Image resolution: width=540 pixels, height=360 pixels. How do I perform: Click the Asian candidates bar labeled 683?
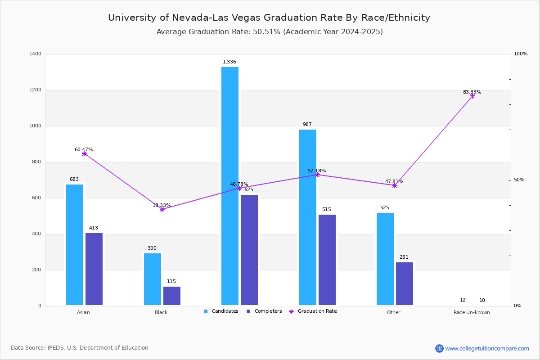(75, 245)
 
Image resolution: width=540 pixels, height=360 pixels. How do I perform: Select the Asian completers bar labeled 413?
(94, 269)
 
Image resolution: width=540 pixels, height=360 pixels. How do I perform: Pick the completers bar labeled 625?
(249, 250)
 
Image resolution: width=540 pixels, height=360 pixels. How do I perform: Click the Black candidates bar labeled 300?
(153, 279)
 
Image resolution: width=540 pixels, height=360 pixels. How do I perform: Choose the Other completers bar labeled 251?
(405, 283)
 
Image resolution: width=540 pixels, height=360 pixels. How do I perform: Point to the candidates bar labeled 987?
(308, 217)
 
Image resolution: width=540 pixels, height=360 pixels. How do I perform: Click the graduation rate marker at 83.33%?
(472, 96)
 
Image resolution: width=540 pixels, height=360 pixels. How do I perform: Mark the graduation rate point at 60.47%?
(84, 153)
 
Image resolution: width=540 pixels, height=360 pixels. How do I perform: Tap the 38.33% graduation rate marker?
(162, 209)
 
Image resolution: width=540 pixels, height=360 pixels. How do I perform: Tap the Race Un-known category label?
(472, 312)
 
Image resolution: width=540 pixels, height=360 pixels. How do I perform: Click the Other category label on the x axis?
(393, 312)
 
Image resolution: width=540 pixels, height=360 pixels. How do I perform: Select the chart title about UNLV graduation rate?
(269, 18)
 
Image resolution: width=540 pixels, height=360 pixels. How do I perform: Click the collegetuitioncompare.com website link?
(487, 348)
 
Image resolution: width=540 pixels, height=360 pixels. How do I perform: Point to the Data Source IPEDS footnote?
(80, 348)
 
